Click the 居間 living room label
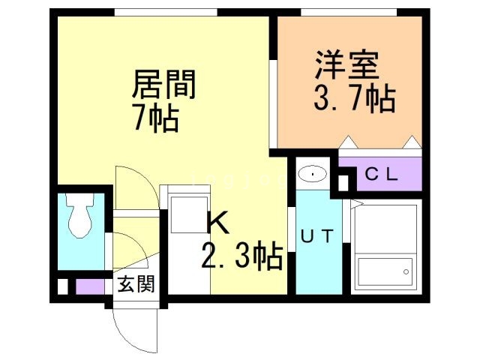click(x=164, y=84)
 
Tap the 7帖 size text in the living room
click(x=156, y=118)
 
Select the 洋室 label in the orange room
click(x=347, y=65)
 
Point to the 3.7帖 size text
click(x=355, y=97)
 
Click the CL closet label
click(x=382, y=175)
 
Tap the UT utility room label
click(x=316, y=235)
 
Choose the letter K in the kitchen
click(x=218, y=223)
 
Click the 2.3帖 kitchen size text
click(x=241, y=256)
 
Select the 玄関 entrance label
click(x=136, y=284)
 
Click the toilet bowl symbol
click(x=80, y=216)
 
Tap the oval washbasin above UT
click(x=312, y=173)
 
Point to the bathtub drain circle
click(x=406, y=271)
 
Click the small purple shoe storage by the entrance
click(x=90, y=286)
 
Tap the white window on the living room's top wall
click(x=166, y=12)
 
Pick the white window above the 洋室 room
click(x=349, y=12)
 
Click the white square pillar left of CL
click(x=343, y=183)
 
